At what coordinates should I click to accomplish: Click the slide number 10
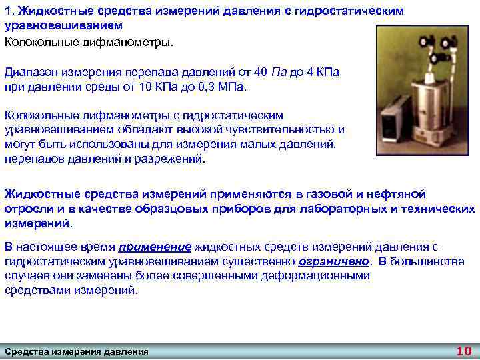click(463, 351)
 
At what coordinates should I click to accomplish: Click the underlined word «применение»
click(153, 247)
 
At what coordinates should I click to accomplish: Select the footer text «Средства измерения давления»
click(77, 351)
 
